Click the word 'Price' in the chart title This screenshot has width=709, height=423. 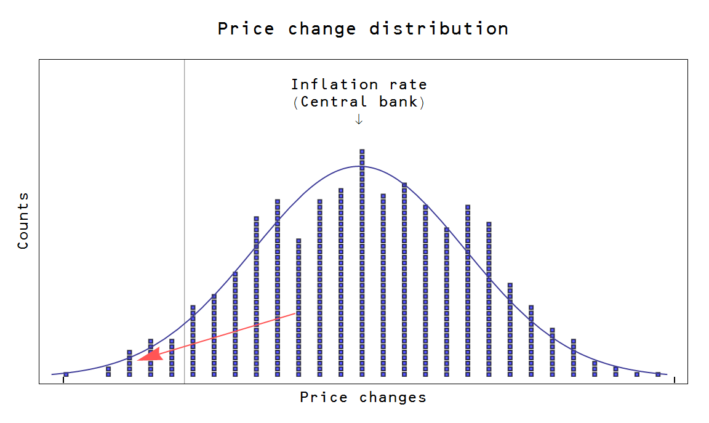pyautogui.click(x=246, y=29)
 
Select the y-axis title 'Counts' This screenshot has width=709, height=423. pyautogui.click(x=23, y=220)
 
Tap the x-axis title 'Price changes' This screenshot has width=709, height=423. pyautogui.click(x=363, y=398)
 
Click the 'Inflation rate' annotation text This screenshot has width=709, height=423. pyautogui.click(x=359, y=84)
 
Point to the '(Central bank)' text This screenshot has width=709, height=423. pyautogui.click(x=359, y=102)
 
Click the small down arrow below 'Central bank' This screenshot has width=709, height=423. pyautogui.click(x=359, y=119)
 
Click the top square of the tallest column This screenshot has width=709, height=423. pyautogui.click(x=362, y=151)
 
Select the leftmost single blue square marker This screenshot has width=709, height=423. pyautogui.click(x=66, y=374)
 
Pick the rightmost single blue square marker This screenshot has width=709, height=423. pyautogui.click(x=657, y=374)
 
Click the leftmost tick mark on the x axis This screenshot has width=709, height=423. pyautogui.click(x=63, y=380)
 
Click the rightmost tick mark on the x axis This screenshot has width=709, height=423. pyautogui.click(x=675, y=380)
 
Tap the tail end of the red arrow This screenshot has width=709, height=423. pyautogui.click(x=295, y=313)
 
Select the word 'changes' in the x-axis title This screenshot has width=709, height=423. pyautogui.click(x=393, y=398)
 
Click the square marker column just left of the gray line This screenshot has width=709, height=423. pyautogui.click(x=172, y=357)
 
